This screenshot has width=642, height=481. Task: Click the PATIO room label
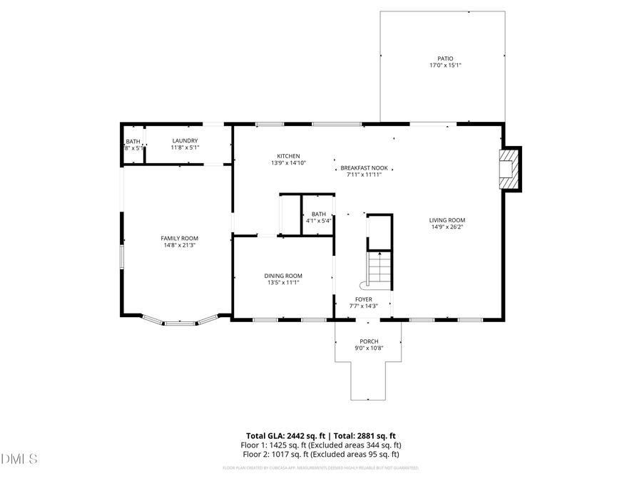click(x=445, y=58)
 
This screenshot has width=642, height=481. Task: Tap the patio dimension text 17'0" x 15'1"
click(x=445, y=66)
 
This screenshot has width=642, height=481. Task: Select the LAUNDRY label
click(x=185, y=140)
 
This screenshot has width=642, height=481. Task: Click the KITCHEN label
click(x=288, y=156)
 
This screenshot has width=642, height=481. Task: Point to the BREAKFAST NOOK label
click(x=364, y=168)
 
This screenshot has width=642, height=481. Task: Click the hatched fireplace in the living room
click(x=509, y=169)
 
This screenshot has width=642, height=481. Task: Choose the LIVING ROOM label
click(x=447, y=220)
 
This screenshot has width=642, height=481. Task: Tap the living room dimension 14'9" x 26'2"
click(x=447, y=227)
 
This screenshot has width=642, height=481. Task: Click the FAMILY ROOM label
click(x=179, y=238)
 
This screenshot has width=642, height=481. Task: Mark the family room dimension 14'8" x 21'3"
click(x=179, y=245)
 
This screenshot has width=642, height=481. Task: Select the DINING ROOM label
click(x=283, y=276)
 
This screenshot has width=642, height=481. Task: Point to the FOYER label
click(x=364, y=299)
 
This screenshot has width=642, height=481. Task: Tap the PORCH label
click(x=369, y=341)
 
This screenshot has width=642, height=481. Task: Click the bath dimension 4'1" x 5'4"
click(x=318, y=220)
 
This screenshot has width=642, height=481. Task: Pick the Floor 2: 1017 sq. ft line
click(x=321, y=454)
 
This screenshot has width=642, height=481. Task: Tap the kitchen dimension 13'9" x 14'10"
click(x=288, y=163)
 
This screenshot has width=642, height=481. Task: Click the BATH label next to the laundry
click(x=133, y=141)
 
